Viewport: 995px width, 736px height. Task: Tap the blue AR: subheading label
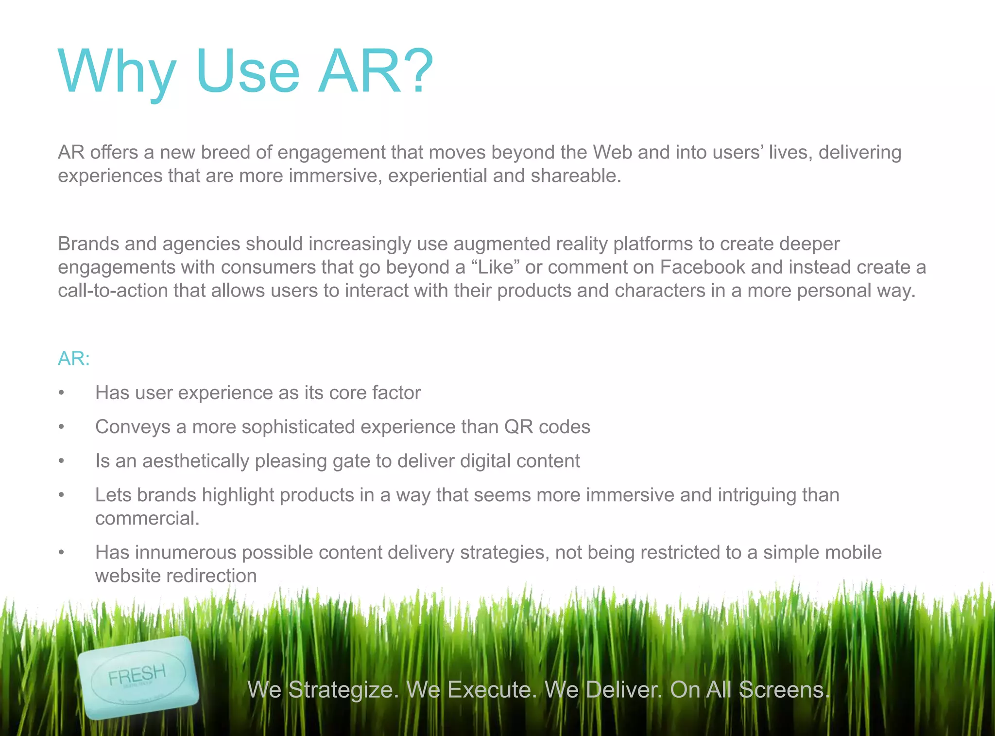tap(74, 358)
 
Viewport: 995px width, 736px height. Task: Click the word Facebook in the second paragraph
tap(702, 267)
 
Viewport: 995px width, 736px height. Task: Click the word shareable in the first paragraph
tap(575, 176)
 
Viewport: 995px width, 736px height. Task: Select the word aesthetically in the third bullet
tap(195, 461)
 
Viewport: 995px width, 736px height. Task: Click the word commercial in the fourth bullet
tap(147, 518)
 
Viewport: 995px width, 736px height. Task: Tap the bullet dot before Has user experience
tap(61, 393)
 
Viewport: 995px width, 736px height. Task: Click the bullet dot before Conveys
tap(61, 427)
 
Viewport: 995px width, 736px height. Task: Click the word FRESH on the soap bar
tap(137, 674)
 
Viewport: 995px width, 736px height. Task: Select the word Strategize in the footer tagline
tap(343, 690)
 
